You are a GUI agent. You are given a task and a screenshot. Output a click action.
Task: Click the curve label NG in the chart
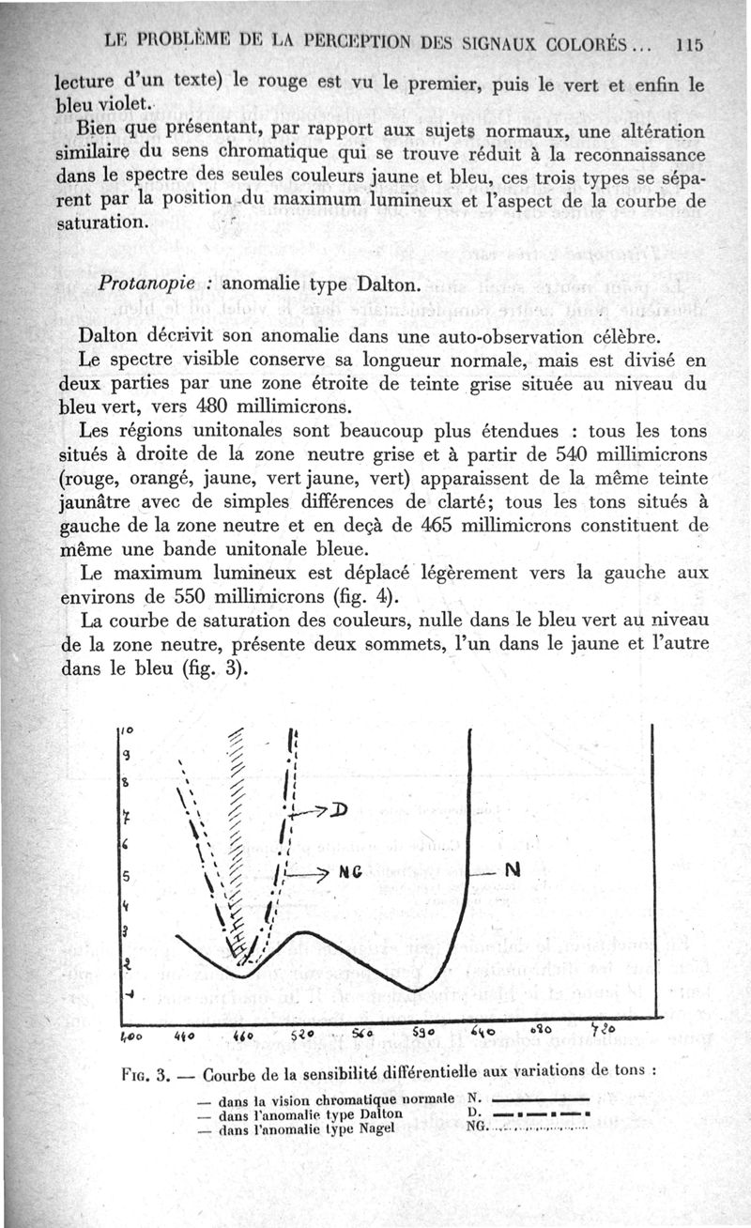click(350, 872)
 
